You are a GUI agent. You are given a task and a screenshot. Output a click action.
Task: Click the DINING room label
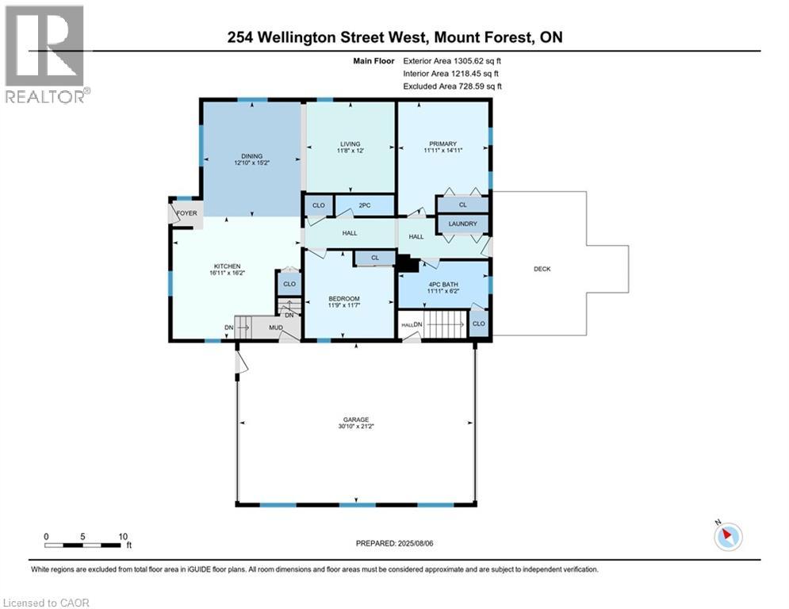[x=251, y=156]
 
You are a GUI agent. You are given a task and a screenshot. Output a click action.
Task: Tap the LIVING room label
[x=350, y=144]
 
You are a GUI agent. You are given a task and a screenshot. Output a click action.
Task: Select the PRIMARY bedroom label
[x=442, y=144]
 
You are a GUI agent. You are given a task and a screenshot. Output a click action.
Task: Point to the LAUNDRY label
[x=463, y=224]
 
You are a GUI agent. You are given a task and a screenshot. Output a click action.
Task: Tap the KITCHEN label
[x=227, y=266]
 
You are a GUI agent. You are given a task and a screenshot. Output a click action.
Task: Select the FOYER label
[x=186, y=213]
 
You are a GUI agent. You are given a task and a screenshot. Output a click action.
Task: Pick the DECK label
[x=542, y=269]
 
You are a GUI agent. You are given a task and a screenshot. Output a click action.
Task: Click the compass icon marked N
[x=727, y=536]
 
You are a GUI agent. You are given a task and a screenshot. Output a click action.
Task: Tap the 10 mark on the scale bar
[x=123, y=537]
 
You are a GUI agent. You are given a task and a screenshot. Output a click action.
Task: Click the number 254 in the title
[x=243, y=36]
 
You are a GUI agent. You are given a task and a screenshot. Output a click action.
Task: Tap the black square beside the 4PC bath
[x=406, y=264]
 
